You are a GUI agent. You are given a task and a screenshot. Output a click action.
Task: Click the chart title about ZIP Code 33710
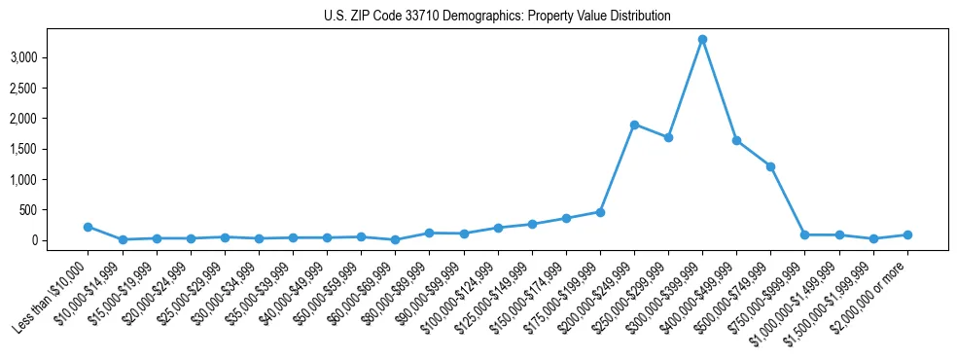[497, 17]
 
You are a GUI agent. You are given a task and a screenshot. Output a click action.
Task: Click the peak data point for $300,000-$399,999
[702, 40]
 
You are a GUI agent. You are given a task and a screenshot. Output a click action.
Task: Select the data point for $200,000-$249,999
[634, 125]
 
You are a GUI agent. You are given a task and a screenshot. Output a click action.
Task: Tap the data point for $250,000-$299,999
[668, 137]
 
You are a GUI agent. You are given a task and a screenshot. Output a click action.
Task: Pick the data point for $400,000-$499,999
[736, 140]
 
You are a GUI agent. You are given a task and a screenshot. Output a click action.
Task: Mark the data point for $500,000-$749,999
[770, 166]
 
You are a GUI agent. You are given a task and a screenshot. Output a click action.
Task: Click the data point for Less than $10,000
[89, 227]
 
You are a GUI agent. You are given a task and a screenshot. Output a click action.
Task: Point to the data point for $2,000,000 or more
[906, 234]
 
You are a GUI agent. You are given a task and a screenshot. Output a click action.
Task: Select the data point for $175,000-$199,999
[600, 212]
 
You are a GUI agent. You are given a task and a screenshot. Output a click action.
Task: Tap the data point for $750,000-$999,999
[804, 234]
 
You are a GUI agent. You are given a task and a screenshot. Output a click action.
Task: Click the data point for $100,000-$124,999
[498, 228]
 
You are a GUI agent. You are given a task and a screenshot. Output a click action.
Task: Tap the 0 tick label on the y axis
[34, 240]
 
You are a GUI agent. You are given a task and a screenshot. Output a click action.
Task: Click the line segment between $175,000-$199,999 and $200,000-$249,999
[618, 168]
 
